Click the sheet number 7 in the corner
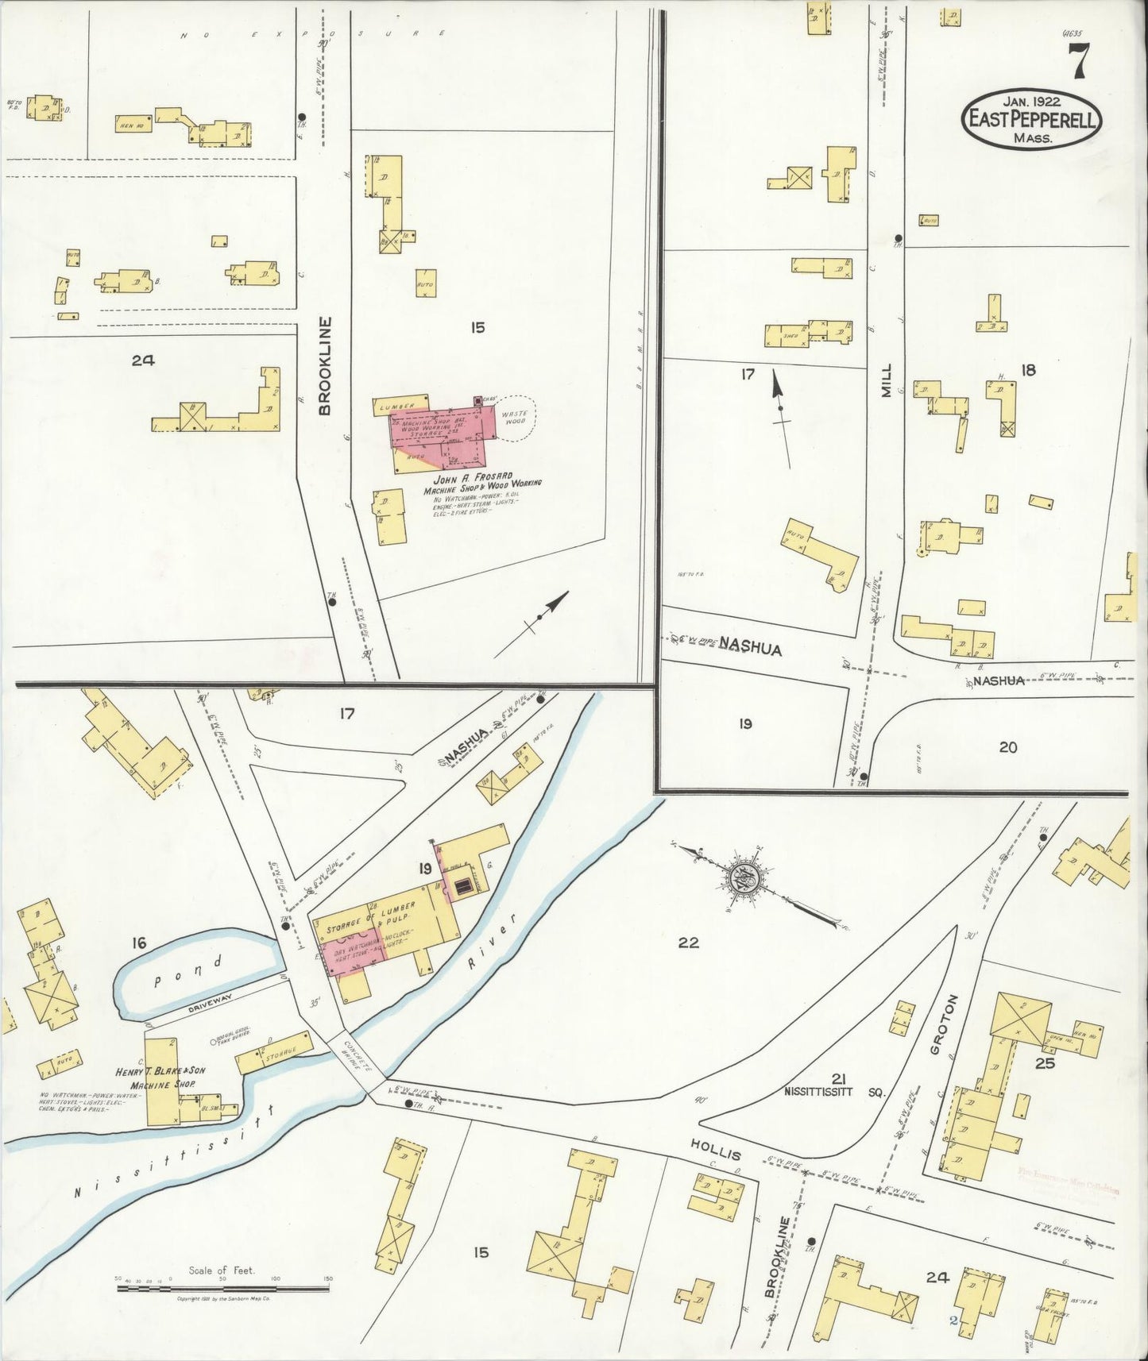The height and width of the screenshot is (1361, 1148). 1077,61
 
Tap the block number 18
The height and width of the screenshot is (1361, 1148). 1028,369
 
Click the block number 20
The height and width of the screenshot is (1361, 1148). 1007,746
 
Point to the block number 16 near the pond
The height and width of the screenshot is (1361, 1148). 139,943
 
